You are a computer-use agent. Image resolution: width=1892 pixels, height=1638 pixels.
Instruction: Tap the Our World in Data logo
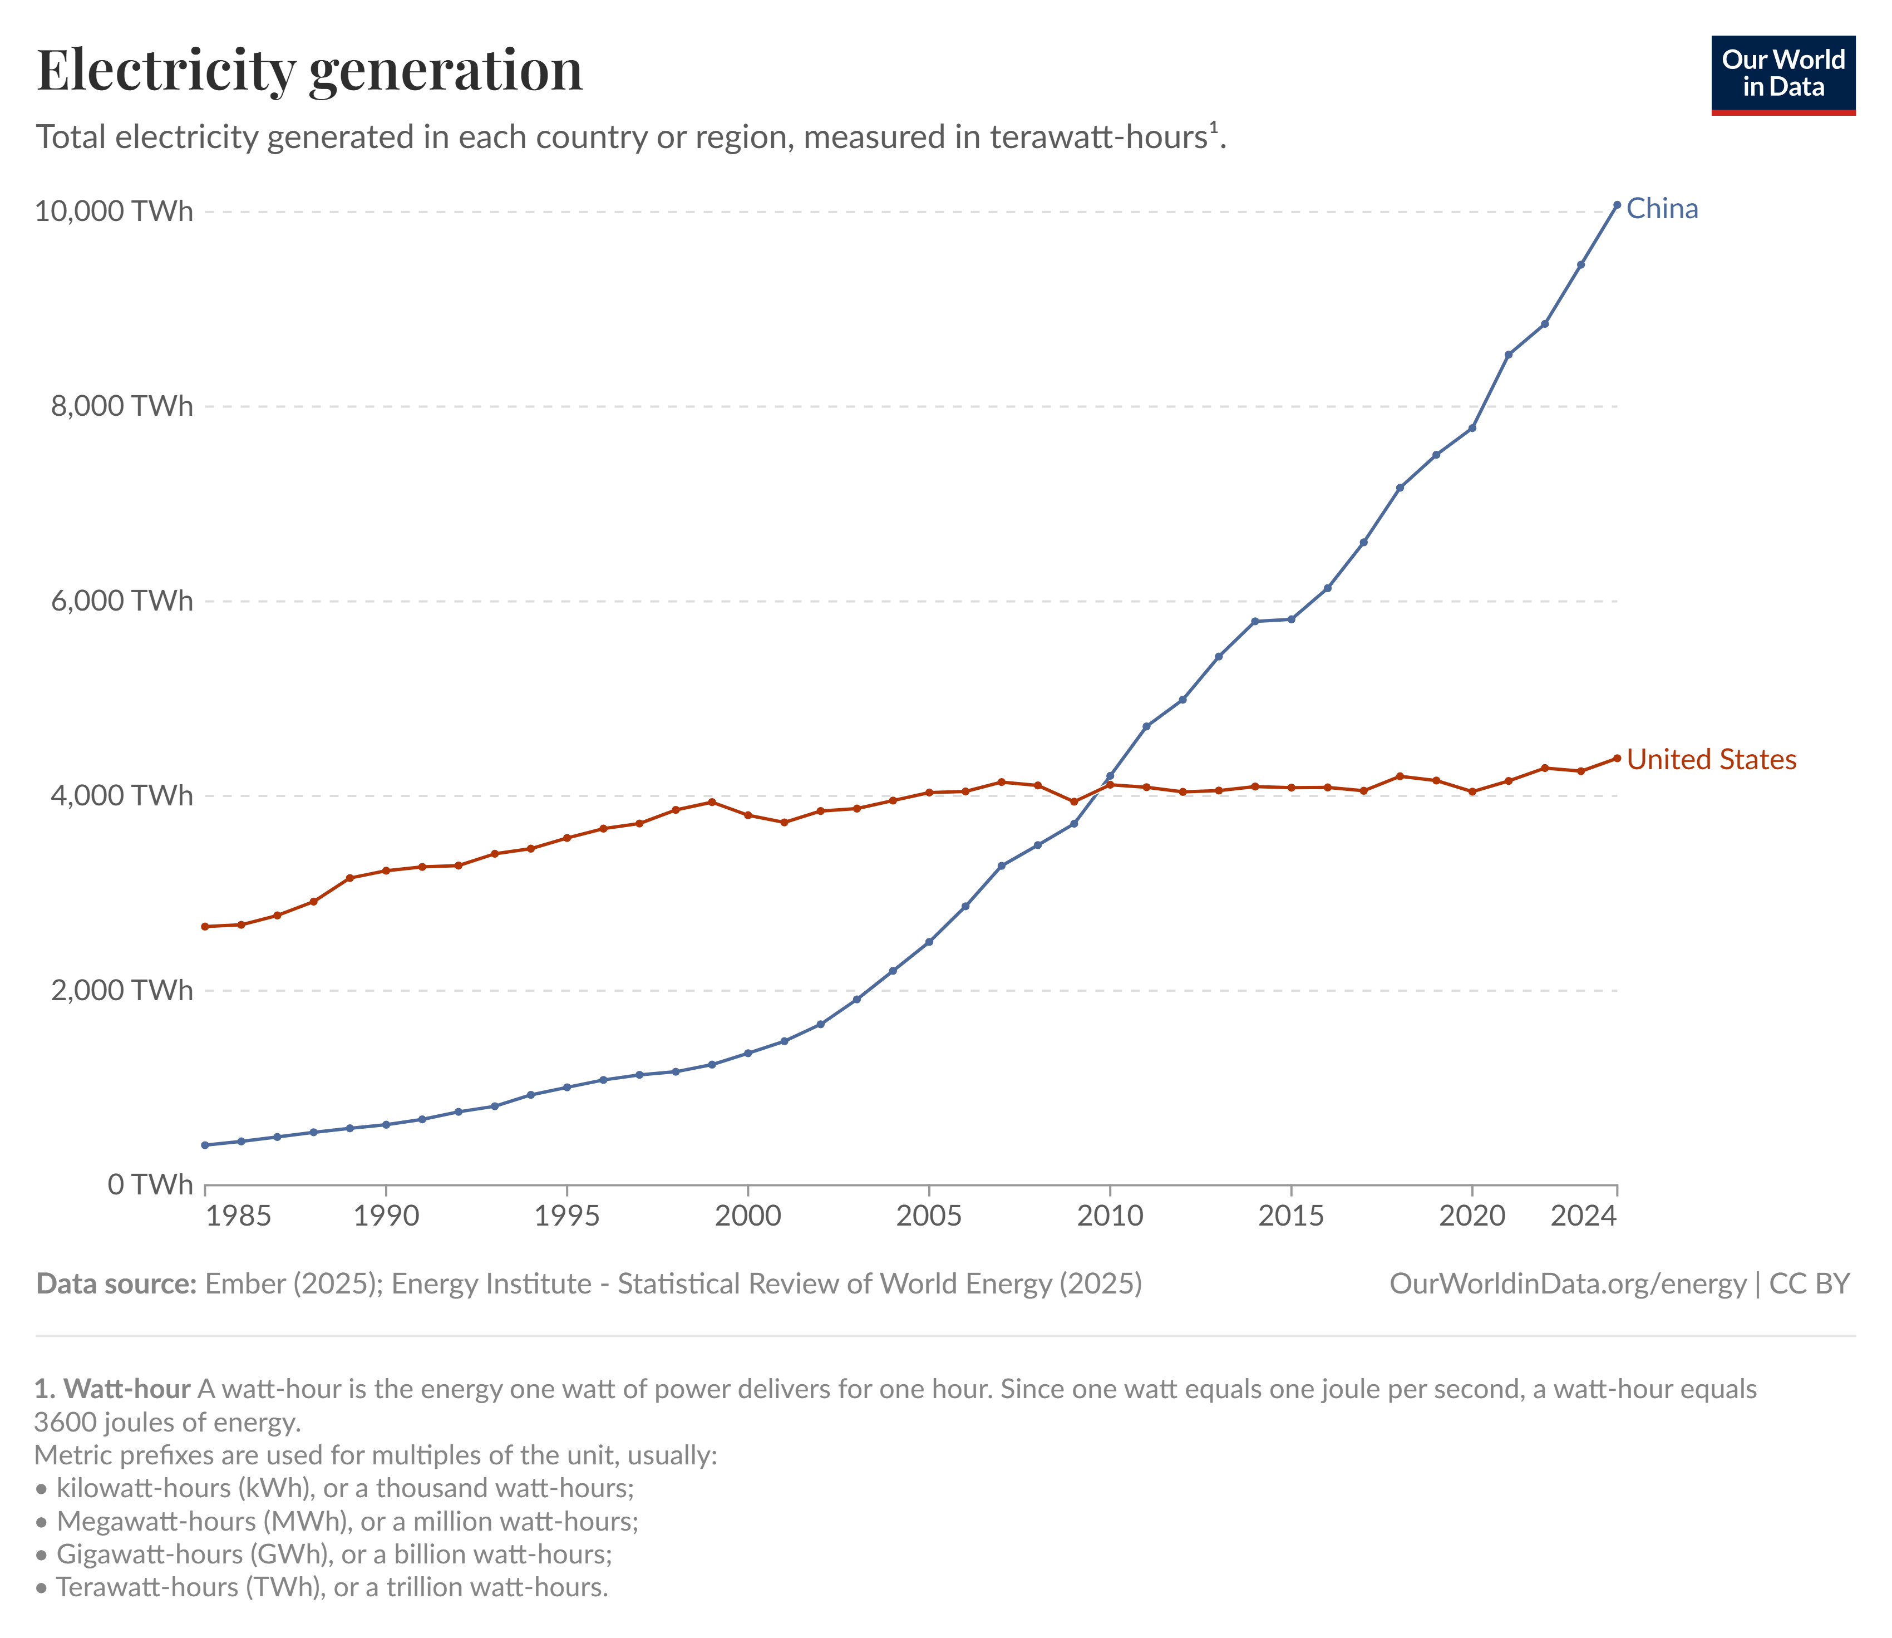1782,75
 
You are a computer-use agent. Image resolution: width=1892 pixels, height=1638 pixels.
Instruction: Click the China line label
1662,209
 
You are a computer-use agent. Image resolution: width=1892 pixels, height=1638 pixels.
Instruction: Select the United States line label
1711,760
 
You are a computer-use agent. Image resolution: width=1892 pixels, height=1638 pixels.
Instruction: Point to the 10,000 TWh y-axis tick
114,211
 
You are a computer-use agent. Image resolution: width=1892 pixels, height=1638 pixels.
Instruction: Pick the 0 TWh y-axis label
150,1184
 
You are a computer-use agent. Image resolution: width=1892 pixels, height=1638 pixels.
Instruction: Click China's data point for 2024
1617,205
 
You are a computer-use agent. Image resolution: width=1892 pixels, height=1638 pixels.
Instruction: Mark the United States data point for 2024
1617,757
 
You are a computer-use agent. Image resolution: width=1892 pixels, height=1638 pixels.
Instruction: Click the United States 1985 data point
206,927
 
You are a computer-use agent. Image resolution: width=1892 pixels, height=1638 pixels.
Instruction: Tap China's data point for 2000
748,1053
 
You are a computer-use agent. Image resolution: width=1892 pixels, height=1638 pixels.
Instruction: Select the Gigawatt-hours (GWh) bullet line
334,1554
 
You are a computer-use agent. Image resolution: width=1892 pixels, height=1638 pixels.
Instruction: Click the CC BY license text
1809,1284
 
